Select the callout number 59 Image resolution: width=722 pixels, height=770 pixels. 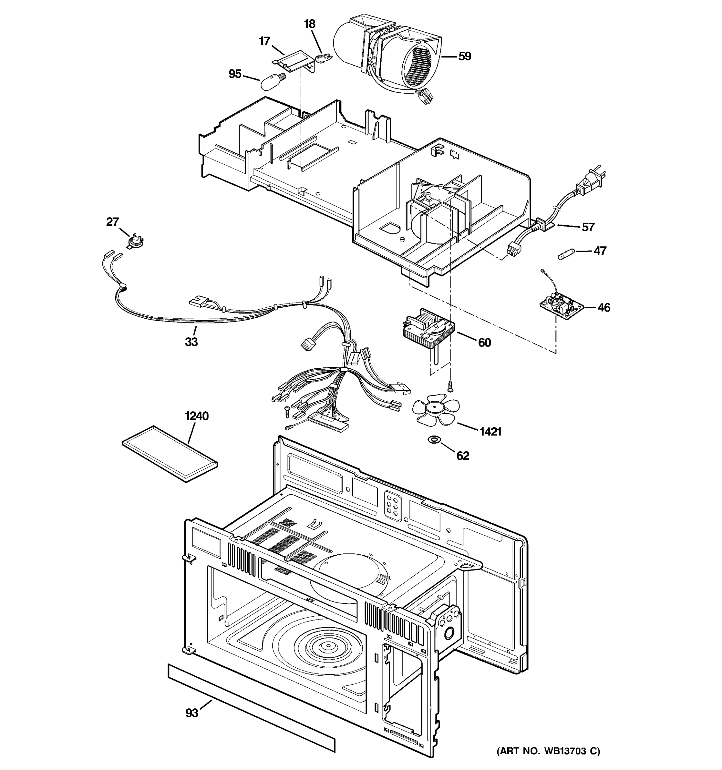(x=464, y=56)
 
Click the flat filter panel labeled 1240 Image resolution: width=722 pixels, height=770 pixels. (x=170, y=454)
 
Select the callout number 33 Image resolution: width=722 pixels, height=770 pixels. (x=191, y=342)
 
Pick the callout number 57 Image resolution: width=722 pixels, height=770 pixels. (x=588, y=227)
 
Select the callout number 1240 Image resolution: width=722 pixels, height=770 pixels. (x=197, y=416)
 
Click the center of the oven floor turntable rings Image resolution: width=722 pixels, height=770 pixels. (x=329, y=645)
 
